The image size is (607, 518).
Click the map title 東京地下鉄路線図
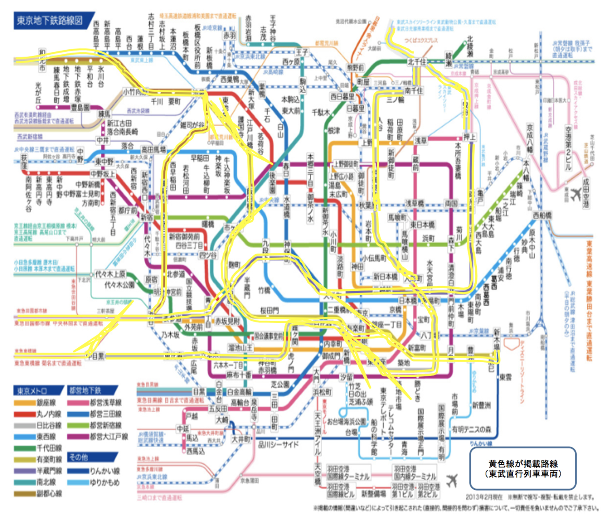click(49, 21)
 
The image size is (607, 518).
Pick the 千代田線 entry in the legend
click(38, 448)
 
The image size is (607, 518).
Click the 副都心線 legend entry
click(38, 494)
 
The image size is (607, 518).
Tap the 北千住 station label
click(416, 62)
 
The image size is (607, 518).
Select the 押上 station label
click(469, 137)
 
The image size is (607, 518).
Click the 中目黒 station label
click(96, 356)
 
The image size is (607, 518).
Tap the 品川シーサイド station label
click(278, 444)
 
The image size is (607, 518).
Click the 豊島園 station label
click(80, 108)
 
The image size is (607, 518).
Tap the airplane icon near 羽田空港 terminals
click(452, 480)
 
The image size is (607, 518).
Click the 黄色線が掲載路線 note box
click(522, 468)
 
